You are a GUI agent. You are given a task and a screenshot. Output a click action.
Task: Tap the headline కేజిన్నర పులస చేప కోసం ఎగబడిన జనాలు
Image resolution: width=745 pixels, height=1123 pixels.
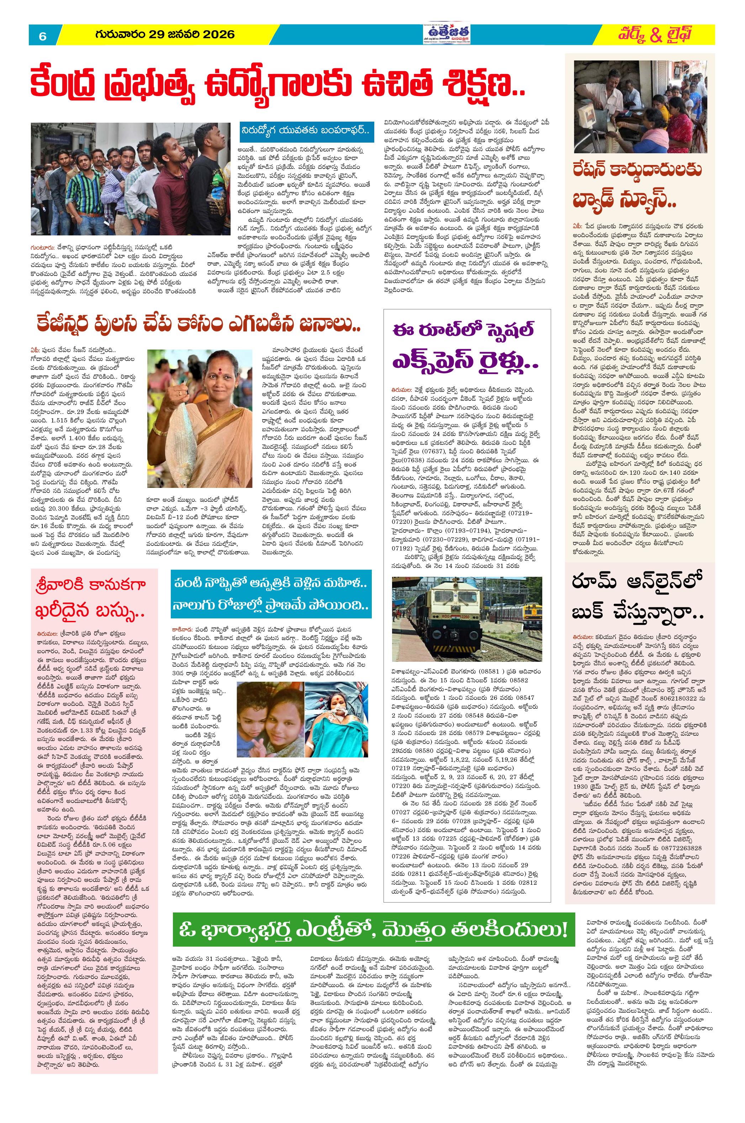tap(198, 324)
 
